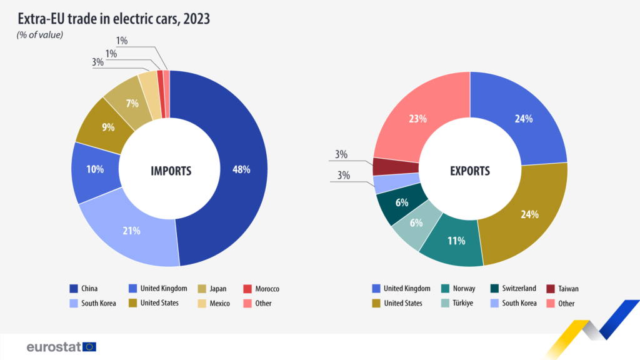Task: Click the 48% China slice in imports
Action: (x=241, y=169)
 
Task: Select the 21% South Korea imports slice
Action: (x=131, y=230)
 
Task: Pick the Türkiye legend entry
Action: (x=459, y=303)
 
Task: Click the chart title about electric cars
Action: (x=114, y=19)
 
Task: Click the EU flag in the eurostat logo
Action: (x=89, y=346)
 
